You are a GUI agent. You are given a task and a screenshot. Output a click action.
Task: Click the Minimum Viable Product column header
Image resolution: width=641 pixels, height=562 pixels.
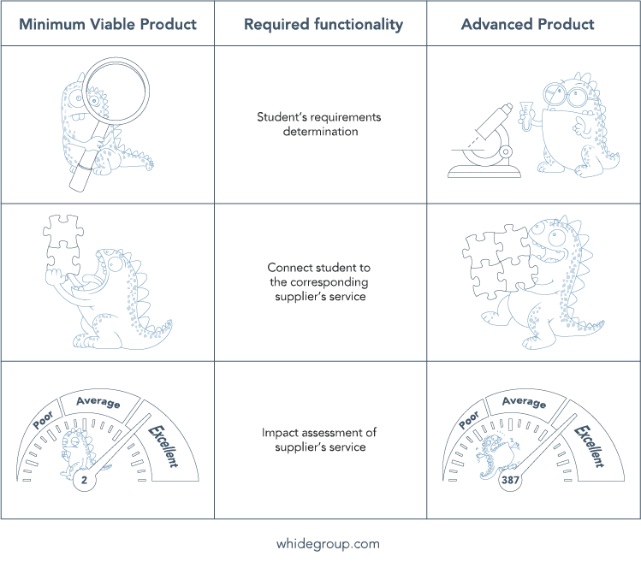coord(108,24)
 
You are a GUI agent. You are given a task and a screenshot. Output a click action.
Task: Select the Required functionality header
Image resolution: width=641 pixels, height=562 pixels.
coord(323,25)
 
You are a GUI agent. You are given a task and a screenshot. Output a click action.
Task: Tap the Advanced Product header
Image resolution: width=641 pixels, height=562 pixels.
coord(527,24)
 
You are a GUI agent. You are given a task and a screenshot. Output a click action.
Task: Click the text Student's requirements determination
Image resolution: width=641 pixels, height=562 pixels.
coord(319,124)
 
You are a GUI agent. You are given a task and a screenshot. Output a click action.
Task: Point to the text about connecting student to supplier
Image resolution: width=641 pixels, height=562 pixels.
coord(319,282)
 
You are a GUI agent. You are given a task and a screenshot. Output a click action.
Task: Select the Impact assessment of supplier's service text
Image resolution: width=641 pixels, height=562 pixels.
coord(319,440)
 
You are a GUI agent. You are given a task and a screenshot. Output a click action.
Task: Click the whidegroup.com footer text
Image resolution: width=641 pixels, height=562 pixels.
coord(328,544)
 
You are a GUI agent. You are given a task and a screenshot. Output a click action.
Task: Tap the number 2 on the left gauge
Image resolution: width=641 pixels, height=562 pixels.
coord(84,480)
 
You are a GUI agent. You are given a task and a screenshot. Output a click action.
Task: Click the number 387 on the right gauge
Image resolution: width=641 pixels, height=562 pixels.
coord(510,480)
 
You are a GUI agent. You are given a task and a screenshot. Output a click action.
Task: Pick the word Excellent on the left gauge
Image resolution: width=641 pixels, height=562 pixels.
coord(163,446)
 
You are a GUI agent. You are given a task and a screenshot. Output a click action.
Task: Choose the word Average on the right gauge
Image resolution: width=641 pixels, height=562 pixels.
coord(524,402)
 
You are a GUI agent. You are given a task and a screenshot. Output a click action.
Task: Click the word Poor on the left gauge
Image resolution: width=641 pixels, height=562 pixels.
coord(44,420)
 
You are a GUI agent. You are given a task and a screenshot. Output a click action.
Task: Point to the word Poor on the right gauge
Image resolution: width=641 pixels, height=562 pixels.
coord(469,420)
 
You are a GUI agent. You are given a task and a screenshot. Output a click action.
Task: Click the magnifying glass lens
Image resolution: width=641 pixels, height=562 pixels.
coord(116,91)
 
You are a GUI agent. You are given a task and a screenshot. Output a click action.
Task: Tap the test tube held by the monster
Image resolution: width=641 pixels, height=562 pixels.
coord(525,115)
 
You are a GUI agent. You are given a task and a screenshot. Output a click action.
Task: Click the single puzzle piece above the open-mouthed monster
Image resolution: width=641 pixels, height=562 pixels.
coord(63,231)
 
